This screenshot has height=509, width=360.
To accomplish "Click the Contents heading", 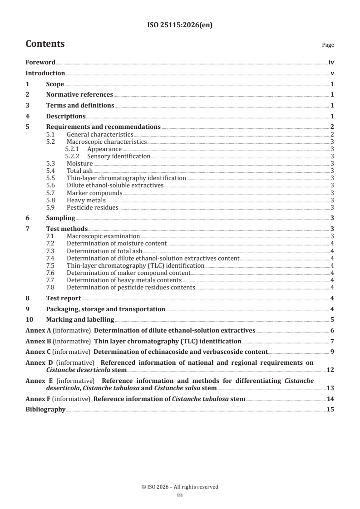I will tap(45, 44).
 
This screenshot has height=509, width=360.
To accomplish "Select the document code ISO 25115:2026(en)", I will tap(180, 25).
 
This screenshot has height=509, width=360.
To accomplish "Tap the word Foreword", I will tap(40, 63).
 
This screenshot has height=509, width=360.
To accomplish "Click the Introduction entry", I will tap(45, 73).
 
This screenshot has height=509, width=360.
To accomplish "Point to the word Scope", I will tap(55, 84).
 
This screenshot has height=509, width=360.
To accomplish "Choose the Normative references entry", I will tap(79, 94).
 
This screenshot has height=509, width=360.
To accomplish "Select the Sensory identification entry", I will tap(118, 156).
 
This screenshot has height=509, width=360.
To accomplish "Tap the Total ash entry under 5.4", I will tap(79, 171).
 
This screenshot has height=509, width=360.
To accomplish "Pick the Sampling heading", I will tap(60, 218).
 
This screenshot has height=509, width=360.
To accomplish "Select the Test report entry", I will tap(64, 298).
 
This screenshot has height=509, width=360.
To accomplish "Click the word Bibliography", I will tap(45, 410).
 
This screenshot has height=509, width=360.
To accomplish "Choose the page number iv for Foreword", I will tap(331, 63).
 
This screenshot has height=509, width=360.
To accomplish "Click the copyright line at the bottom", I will tap(180, 487).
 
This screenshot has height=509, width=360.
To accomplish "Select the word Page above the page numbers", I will tap(328, 45).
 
